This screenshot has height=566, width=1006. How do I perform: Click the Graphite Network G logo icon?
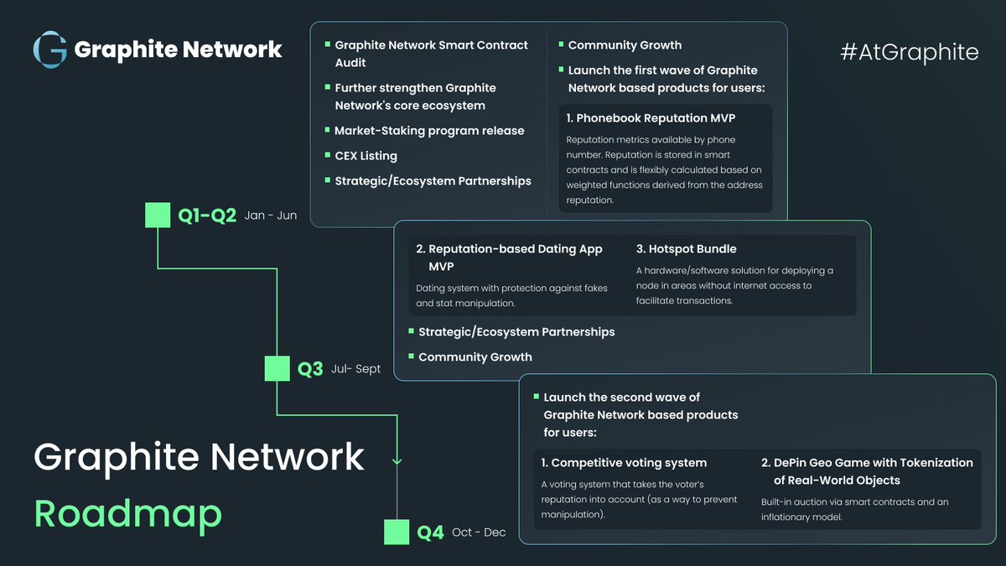click(49, 49)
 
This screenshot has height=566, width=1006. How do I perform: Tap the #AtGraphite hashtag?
click(910, 52)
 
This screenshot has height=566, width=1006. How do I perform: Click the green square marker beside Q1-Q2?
click(158, 215)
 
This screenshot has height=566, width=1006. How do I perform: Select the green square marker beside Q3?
click(277, 368)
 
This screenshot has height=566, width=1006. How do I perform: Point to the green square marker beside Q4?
click(397, 532)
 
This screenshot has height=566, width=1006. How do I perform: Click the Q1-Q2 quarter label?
click(207, 215)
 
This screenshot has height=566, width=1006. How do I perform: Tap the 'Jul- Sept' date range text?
click(355, 369)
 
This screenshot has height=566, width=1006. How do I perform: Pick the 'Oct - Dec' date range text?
click(479, 532)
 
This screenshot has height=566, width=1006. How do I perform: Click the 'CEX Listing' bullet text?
click(366, 156)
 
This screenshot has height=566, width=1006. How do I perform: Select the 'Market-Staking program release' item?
click(429, 131)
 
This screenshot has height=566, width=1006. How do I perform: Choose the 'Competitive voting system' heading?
click(624, 463)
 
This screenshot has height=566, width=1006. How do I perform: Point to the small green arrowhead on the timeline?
click(397, 461)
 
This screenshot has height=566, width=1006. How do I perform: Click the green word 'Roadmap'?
click(128, 514)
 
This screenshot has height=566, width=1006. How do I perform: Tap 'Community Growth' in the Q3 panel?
click(475, 357)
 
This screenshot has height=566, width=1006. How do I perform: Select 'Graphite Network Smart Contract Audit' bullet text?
click(431, 54)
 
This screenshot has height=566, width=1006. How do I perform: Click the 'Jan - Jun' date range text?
click(271, 215)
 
